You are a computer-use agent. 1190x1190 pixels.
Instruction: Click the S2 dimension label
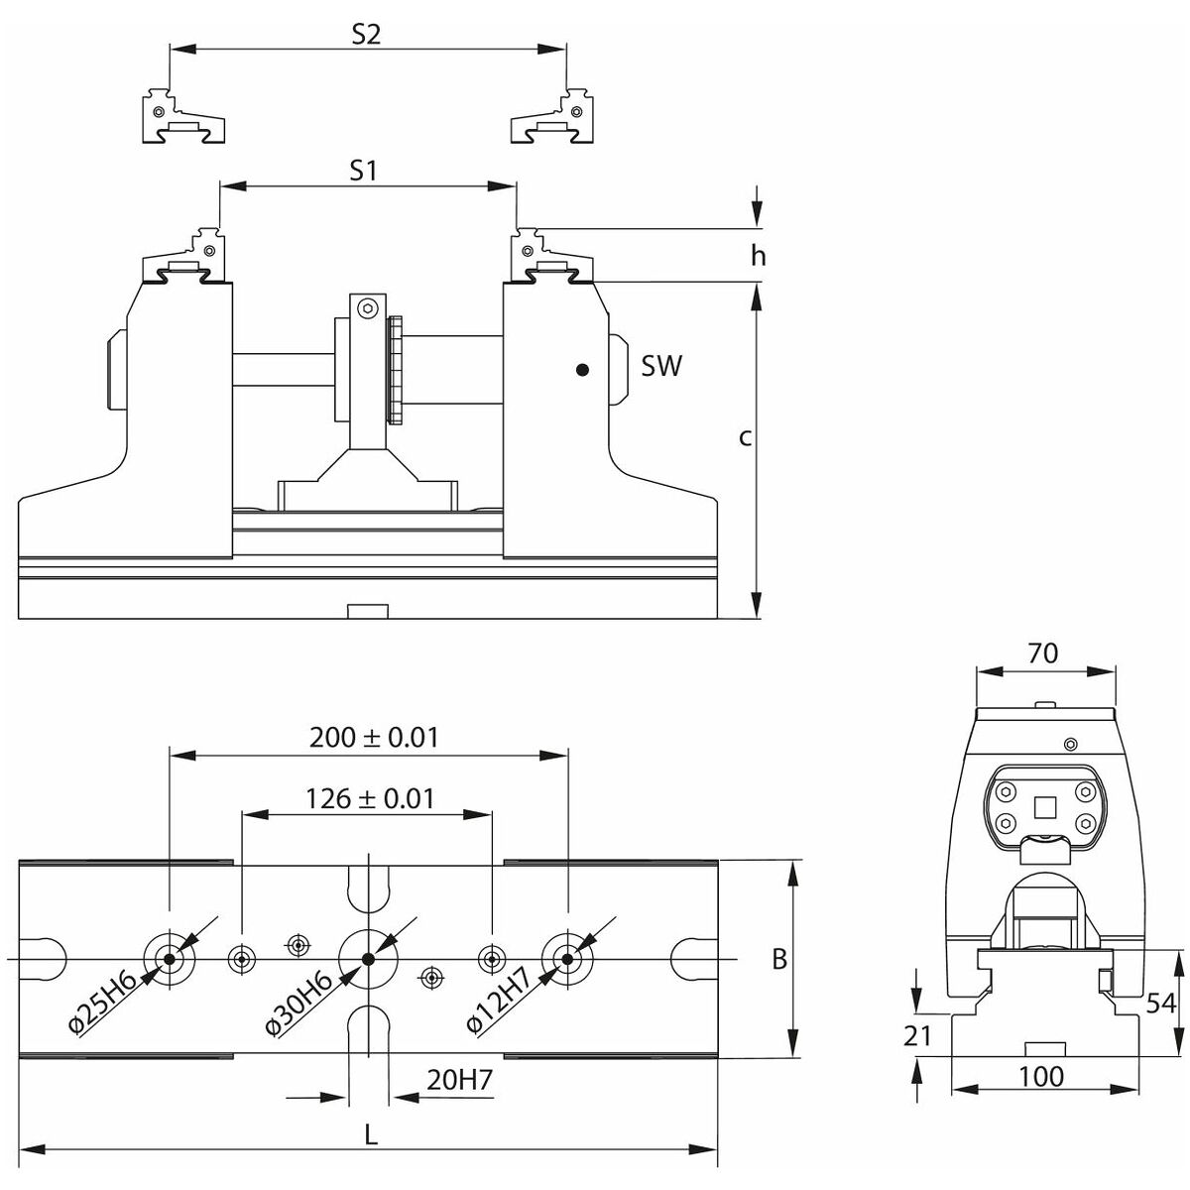(x=366, y=35)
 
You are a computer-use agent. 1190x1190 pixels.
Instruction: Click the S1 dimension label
(x=365, y=171)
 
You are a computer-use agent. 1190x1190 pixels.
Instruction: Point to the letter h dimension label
(x=759, y=256)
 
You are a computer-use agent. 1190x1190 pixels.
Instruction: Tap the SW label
(x=661, y=366)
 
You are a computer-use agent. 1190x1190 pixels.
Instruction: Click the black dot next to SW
(x=582, y=370)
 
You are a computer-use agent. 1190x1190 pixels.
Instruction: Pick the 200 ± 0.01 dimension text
(x=374, y=737)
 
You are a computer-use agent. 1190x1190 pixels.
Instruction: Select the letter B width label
(x=780, y=959)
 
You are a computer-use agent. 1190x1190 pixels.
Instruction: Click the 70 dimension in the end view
(x=1043, y=653)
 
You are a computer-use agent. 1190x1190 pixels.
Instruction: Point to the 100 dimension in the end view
(x=1040, y=1076)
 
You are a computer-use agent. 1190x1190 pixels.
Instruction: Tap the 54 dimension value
(x=1160, y=1003)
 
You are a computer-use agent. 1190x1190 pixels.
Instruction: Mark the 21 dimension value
(x=918, y=1036)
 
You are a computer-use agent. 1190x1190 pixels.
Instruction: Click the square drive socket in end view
(x=1043, y=807)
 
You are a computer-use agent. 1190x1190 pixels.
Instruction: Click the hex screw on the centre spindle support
(x=368, y=308)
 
